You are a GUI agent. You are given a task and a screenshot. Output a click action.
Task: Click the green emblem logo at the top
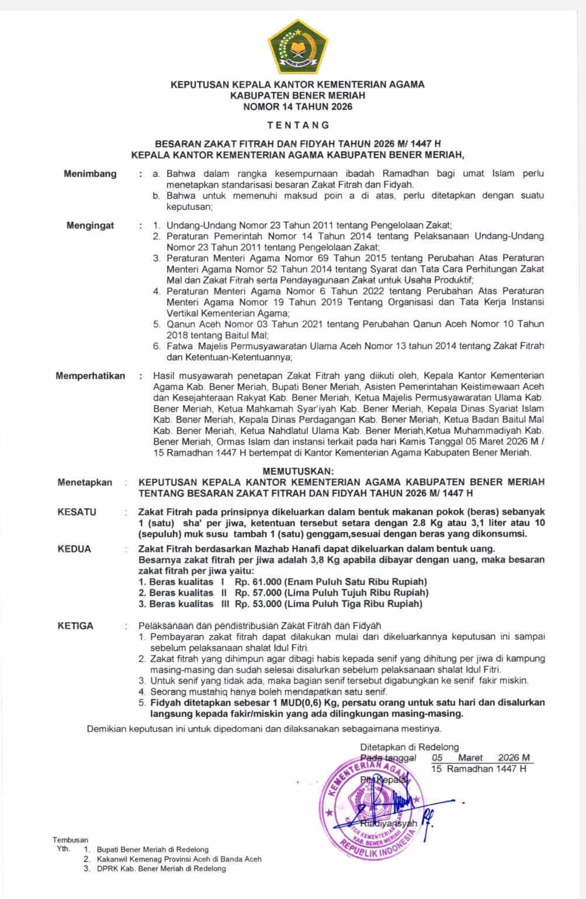pyautogui.click(x=297, y=46)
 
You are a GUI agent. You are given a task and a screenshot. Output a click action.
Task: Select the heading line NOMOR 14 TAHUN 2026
pyautogui.click(x=297, y=106)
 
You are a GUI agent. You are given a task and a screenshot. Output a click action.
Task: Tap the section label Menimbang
pyautogui.click(x=90, y=173)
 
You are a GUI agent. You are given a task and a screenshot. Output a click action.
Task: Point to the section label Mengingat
pyautogui.click(x=90, y=225)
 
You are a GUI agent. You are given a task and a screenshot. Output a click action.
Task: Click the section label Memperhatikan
pyautogui.click(x=90, y=376)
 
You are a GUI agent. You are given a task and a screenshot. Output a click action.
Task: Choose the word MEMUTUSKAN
pyautogui.click(x=298, y=471)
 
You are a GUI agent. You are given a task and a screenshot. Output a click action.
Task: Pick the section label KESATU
pyautogui.click(x=77, y=512)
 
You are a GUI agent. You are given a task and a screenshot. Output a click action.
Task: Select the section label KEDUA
pyautogui.click(x=74, y=549)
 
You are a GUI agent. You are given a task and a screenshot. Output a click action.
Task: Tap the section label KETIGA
pyautogui.click(x=75, y=626)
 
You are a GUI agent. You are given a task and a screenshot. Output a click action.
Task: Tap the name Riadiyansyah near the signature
pyautogui.click(x=389, y=823)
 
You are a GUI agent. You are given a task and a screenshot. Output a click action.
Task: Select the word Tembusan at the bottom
pyautogui.click(x=70, y=840)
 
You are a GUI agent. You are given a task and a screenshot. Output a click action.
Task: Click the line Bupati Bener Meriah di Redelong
pyautogui.click(x=152, y=849)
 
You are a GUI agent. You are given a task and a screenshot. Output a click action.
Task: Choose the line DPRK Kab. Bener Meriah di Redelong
pyautogui.click(x=161, y=869)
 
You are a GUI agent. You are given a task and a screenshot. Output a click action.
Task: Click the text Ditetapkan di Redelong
pyautogui.click(x=409, y=747)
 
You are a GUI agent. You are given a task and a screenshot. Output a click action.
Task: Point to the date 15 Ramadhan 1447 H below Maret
pyautogui.click(x=478, y=769)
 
